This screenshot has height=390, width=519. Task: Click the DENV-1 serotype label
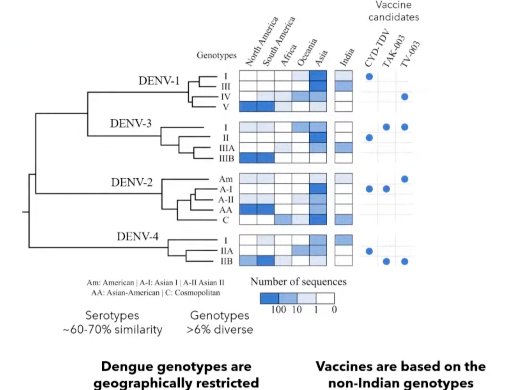pyautogui.click(x=159, y=81)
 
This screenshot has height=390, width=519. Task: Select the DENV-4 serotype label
pyautogui.click(x=137, y=237)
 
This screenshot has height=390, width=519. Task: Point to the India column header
pyautogui.click(x=347, y=57)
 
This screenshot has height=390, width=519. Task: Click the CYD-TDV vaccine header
pyautogui.click(x=377, y=48)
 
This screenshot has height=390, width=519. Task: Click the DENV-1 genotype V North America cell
pyautogui.click(x=248, y=107)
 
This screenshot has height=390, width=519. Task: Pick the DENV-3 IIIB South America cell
pyautogui.click(x=266, y=158)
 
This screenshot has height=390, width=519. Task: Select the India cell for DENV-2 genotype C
pyautogui.click(x=344, y=220)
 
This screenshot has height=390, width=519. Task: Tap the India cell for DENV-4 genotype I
pyautogui.click(x=344, y=240)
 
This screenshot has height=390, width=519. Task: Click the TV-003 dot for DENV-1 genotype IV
pyautogui.click(x=405, y=97)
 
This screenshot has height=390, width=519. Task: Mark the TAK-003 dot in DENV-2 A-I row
pyautogui.click(x=386, y=189)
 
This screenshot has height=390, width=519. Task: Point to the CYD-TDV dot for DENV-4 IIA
pyautogui.click(x=369, y=251)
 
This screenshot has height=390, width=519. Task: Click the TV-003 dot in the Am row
pyautogui.click(x=405, y=179)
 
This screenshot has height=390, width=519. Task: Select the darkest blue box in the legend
pyautogui.click(x=269, y=298)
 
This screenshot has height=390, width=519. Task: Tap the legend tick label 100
pyautogui.click(x=278, y=310)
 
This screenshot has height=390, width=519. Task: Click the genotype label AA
pyautogui.click(x=226, y=210)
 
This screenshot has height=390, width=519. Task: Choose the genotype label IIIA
pyautogui.click(x=227, y=148)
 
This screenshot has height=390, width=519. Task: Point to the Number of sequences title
pyautogui.click(x=298, y=282)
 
